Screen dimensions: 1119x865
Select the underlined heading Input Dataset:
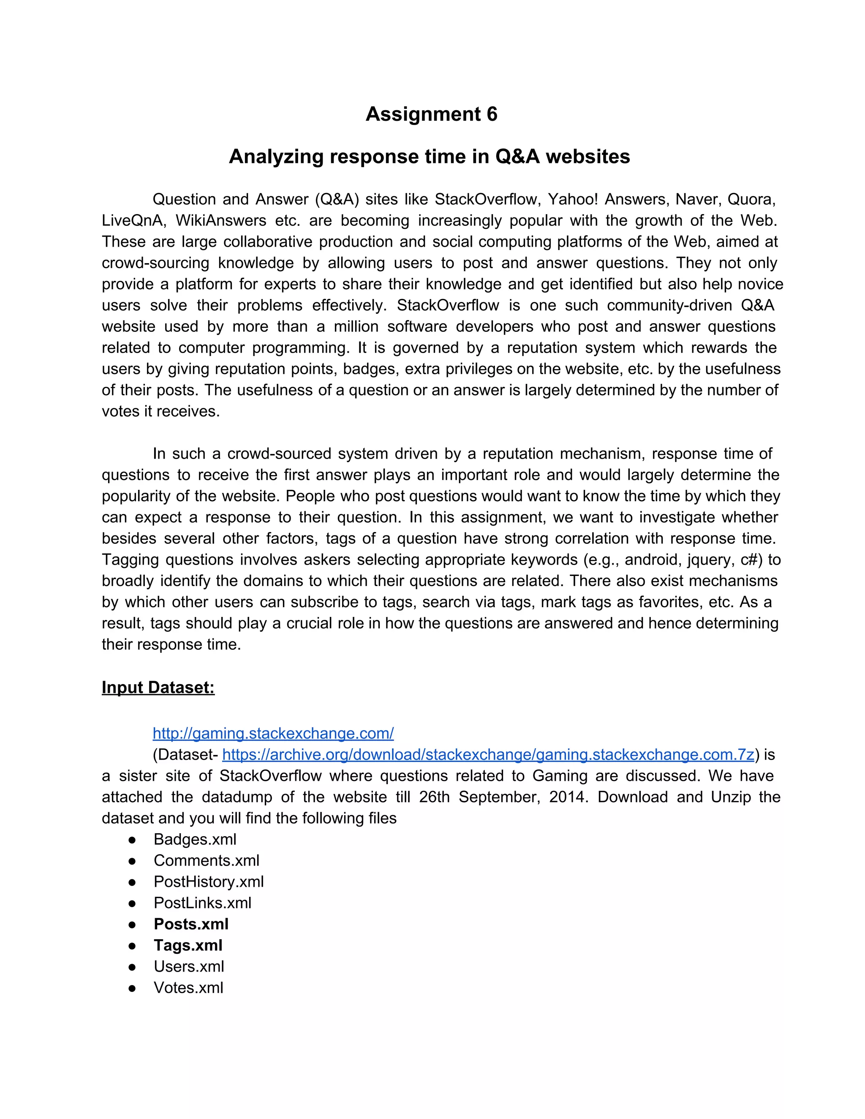[x=158, y=687]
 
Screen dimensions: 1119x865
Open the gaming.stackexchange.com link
[x=273, y=733]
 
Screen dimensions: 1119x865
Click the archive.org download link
[x=488, y=754]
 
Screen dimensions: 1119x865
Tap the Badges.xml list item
[x=195, y=839]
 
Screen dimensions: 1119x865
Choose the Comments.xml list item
[x=206, y=860]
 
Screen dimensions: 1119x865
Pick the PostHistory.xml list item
[x=209, y=881]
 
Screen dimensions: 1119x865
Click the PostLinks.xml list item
[x=202, y=903]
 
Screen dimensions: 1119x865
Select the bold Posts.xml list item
[x=190, y=924]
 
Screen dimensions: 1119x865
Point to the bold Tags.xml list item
[x=188, y=945]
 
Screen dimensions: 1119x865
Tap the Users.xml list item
[x=188, y=966]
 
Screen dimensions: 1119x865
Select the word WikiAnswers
[x=220, y=220]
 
